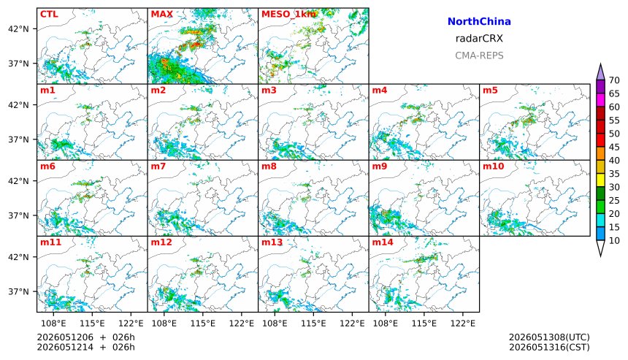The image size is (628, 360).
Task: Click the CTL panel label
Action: tap(49, 15)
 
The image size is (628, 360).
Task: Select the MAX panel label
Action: tap(162, 15)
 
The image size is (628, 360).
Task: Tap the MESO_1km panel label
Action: tap(288, 15)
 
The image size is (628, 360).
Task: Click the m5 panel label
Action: tap(490, 90)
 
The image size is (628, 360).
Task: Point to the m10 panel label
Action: tap(493, 166)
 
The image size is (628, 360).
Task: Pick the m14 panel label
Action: tap(383, 242)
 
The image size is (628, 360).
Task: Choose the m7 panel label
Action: tap(158, 166)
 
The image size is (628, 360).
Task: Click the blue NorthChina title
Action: tap(479, 22)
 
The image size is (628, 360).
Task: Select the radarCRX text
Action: tap(479, 39)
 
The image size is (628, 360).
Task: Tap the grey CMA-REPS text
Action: tap(479, 55)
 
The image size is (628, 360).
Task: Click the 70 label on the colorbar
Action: tap(614, 80)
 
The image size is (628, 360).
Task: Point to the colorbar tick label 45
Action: tap(614, 147)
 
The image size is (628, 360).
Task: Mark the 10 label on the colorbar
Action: tap(614, 240)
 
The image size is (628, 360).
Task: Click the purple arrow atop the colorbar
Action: tap(600, 72)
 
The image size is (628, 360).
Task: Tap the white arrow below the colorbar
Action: tap(600, 248)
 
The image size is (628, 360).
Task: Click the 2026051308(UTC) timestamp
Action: tap(549, 337)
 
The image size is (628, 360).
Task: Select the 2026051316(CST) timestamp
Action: tap(549, 347)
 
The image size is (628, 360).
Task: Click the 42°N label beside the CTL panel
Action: tap(19, 28)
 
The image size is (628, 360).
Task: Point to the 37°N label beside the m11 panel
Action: tap(19, 291)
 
